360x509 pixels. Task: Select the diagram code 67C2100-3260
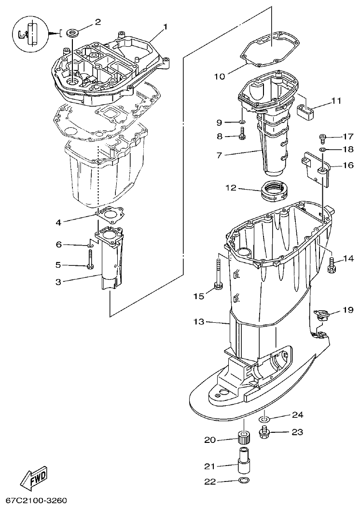point(37,500)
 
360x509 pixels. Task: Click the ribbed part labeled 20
point(245,439)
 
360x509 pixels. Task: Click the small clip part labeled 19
point(321,316)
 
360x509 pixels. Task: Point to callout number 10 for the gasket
point(220,76)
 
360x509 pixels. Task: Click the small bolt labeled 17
point(323,139)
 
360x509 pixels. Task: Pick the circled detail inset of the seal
point(30,32)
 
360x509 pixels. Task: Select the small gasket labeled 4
point(111,214)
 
